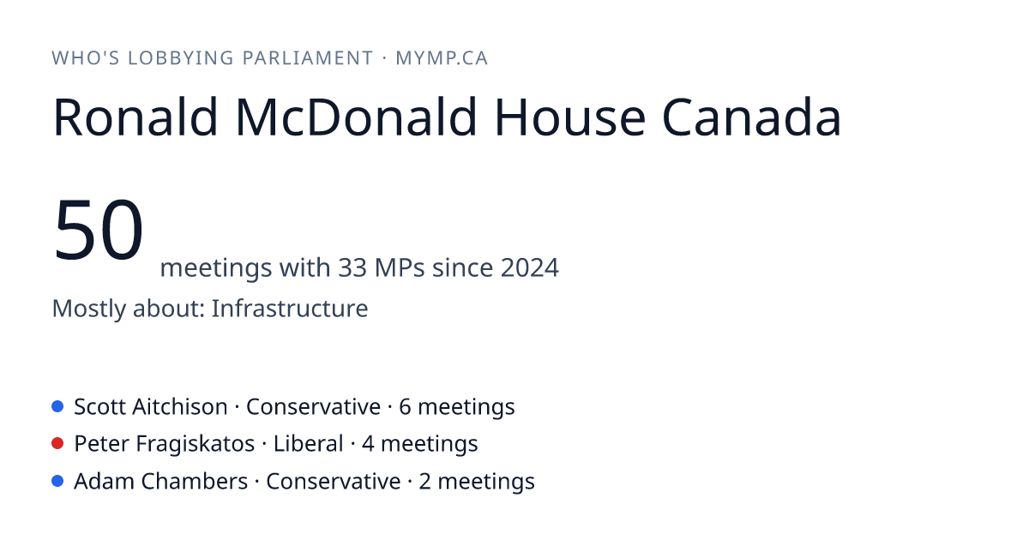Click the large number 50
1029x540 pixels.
(x=99, y=230)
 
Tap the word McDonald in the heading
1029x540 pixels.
(x=356, y=117)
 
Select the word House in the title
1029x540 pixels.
(x=570, y=117)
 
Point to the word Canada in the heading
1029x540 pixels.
(x=751, y=117)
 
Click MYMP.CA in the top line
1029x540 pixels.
(x=442, y=58)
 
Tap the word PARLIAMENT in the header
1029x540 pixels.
(x=308, y=58)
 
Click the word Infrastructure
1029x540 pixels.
(x=290, y=308)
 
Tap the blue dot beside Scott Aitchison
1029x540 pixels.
(x=57, y=406)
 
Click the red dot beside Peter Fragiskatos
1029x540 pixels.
(x=57, y=444)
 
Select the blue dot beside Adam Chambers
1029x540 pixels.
(x=57, y=481)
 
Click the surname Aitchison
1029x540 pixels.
(x=179, y=407)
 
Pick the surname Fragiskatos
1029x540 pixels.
(x=196, y=444)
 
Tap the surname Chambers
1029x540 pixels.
(x=195, y=482)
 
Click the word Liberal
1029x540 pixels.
(x=308, y=444)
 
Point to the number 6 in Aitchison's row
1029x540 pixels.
(x=405, y=407)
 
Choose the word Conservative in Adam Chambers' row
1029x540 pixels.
(x=333, y=482)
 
